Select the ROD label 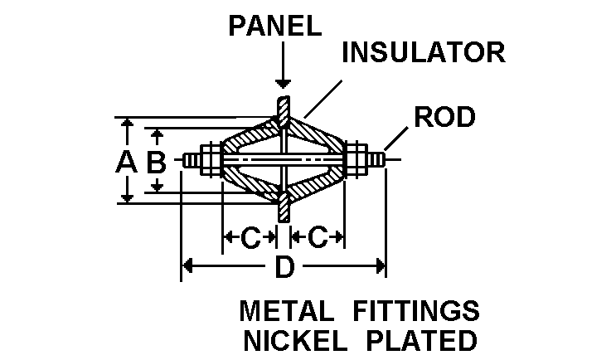pyautogui.click(x=445, y=117)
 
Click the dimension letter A pyautogui.click(x=126, y=161)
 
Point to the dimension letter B pyautogui.click(x=156, y=161)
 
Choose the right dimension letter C pyautogui.click(x=318, y=238)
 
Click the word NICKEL pyautogui.click(x=292, y=340)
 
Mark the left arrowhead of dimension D pyautogui.click(x=187, y=266)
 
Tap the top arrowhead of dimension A pyautogui.click(x=126, y=124)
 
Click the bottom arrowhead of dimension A pyautogui.click(x=126, y=197)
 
